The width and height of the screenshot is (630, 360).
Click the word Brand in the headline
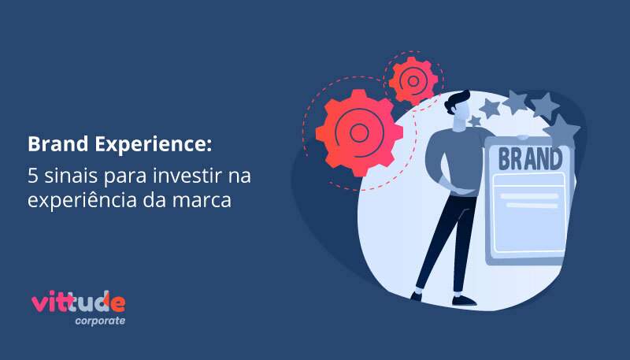pyautogui.click(x=57, y=144)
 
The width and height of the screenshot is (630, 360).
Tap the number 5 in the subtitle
pyautogui.click(x=32, y=176)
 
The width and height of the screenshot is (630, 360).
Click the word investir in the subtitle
pyautogui.click(x=187, y=176)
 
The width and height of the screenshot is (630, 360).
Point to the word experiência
pyautogui.click(x=82, y=199)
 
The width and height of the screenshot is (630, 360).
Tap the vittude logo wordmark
pyautogui.click(x=78, y=302)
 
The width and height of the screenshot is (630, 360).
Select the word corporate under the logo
pyautogui.click(x=100, y=321)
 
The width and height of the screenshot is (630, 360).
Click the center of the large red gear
pyautogui.click(x=359, y=133)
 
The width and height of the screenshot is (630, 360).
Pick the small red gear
pyautogui.click(x=413, y=81)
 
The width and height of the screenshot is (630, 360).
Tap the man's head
pyautogui.click(x=458, y=109)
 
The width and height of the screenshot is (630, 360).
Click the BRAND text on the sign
pyautogui.click(x=530, y=158)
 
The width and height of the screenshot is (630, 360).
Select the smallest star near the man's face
pyautogui.click(x=476, y=121)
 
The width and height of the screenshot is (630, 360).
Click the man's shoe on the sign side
pyautogui.click(x=464, y=300)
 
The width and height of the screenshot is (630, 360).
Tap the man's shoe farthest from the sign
pyautogui.click(x=417, y=296)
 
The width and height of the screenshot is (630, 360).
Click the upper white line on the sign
pyautogui.click(x=528, y=196)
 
